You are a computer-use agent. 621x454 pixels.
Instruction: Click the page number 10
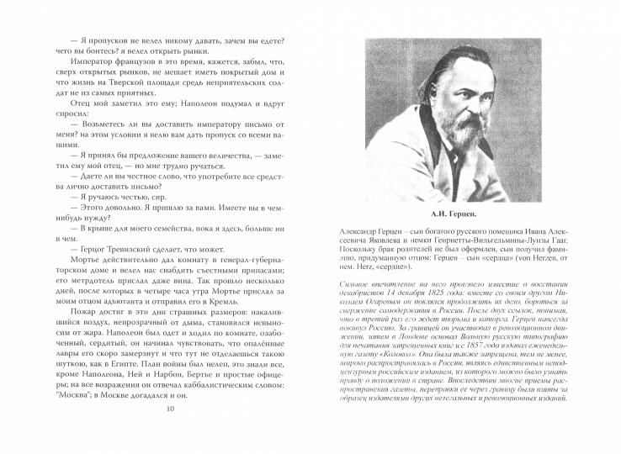click(171, 433)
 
